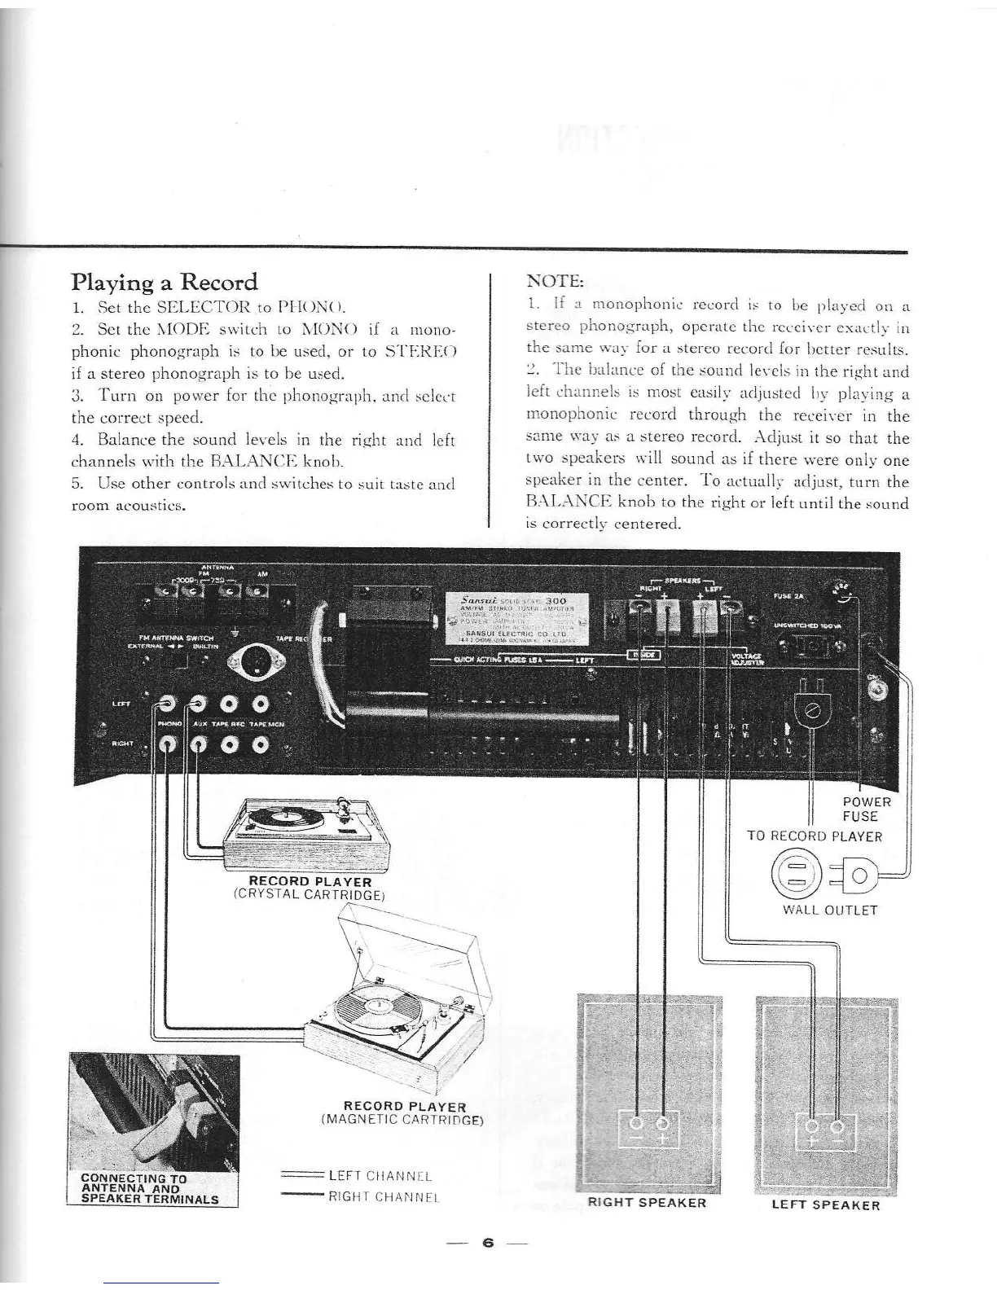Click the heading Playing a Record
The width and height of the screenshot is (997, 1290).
165,283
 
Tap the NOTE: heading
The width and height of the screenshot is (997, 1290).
555,281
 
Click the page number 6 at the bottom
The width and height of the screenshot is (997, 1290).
487,1242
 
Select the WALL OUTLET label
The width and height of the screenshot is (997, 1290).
829,910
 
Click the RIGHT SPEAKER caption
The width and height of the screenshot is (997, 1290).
647,1202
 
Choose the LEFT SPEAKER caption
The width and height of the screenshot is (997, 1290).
826,1204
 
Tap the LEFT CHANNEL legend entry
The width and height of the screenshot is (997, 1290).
379,1176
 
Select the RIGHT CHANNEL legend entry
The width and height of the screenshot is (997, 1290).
384,1196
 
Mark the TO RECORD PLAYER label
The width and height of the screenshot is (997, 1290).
815,836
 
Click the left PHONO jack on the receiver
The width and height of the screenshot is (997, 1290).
168,703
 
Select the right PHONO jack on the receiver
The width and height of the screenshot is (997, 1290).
168,743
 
